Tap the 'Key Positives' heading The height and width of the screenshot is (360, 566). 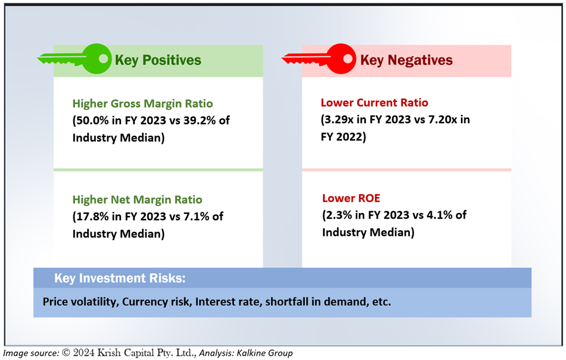(x=158, y=60)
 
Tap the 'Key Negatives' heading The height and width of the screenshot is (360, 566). (x=406, y=60)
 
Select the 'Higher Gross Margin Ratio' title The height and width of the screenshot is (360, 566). (x=142, y=104)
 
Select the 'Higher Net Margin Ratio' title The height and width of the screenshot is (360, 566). (x=137, y=200)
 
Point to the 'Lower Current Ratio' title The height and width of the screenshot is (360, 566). (x=374, y=102)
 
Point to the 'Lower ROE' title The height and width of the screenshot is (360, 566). (x=351, y=198)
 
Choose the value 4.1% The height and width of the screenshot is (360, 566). (x=440, y=215)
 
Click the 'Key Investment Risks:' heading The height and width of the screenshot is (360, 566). (x=120, y=279)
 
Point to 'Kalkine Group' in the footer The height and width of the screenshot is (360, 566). (x=264, y=353)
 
